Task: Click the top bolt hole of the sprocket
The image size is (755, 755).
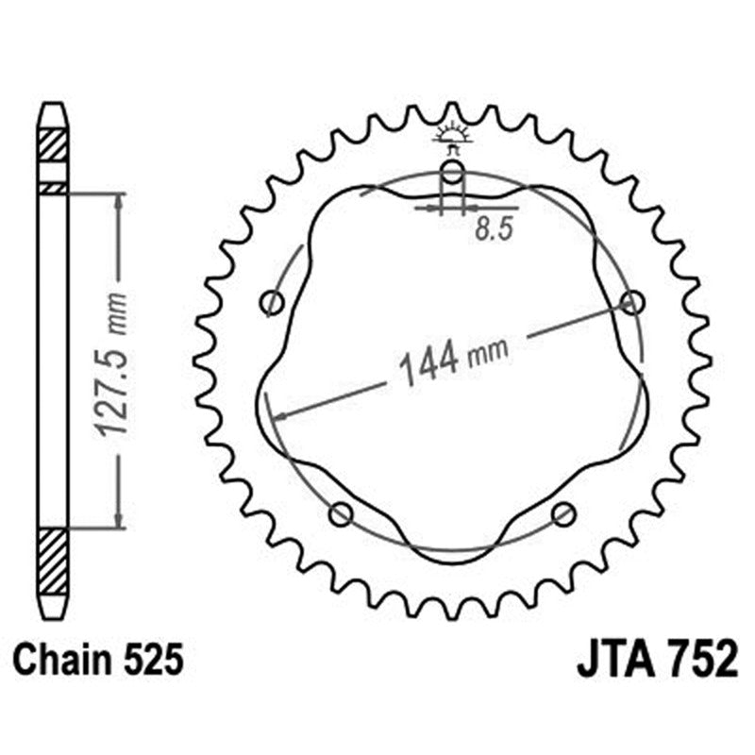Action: [453, 173]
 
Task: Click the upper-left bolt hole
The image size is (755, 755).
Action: [273, 303]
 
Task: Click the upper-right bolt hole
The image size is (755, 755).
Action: [632, 302]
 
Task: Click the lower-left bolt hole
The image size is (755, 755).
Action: [341, 514]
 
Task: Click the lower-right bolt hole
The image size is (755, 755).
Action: [563, 514]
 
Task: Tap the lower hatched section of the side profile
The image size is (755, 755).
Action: [53, 561]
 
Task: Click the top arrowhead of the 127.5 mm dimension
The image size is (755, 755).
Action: [118, 201]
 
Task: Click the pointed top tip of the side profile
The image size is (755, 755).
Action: [53, 105]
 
